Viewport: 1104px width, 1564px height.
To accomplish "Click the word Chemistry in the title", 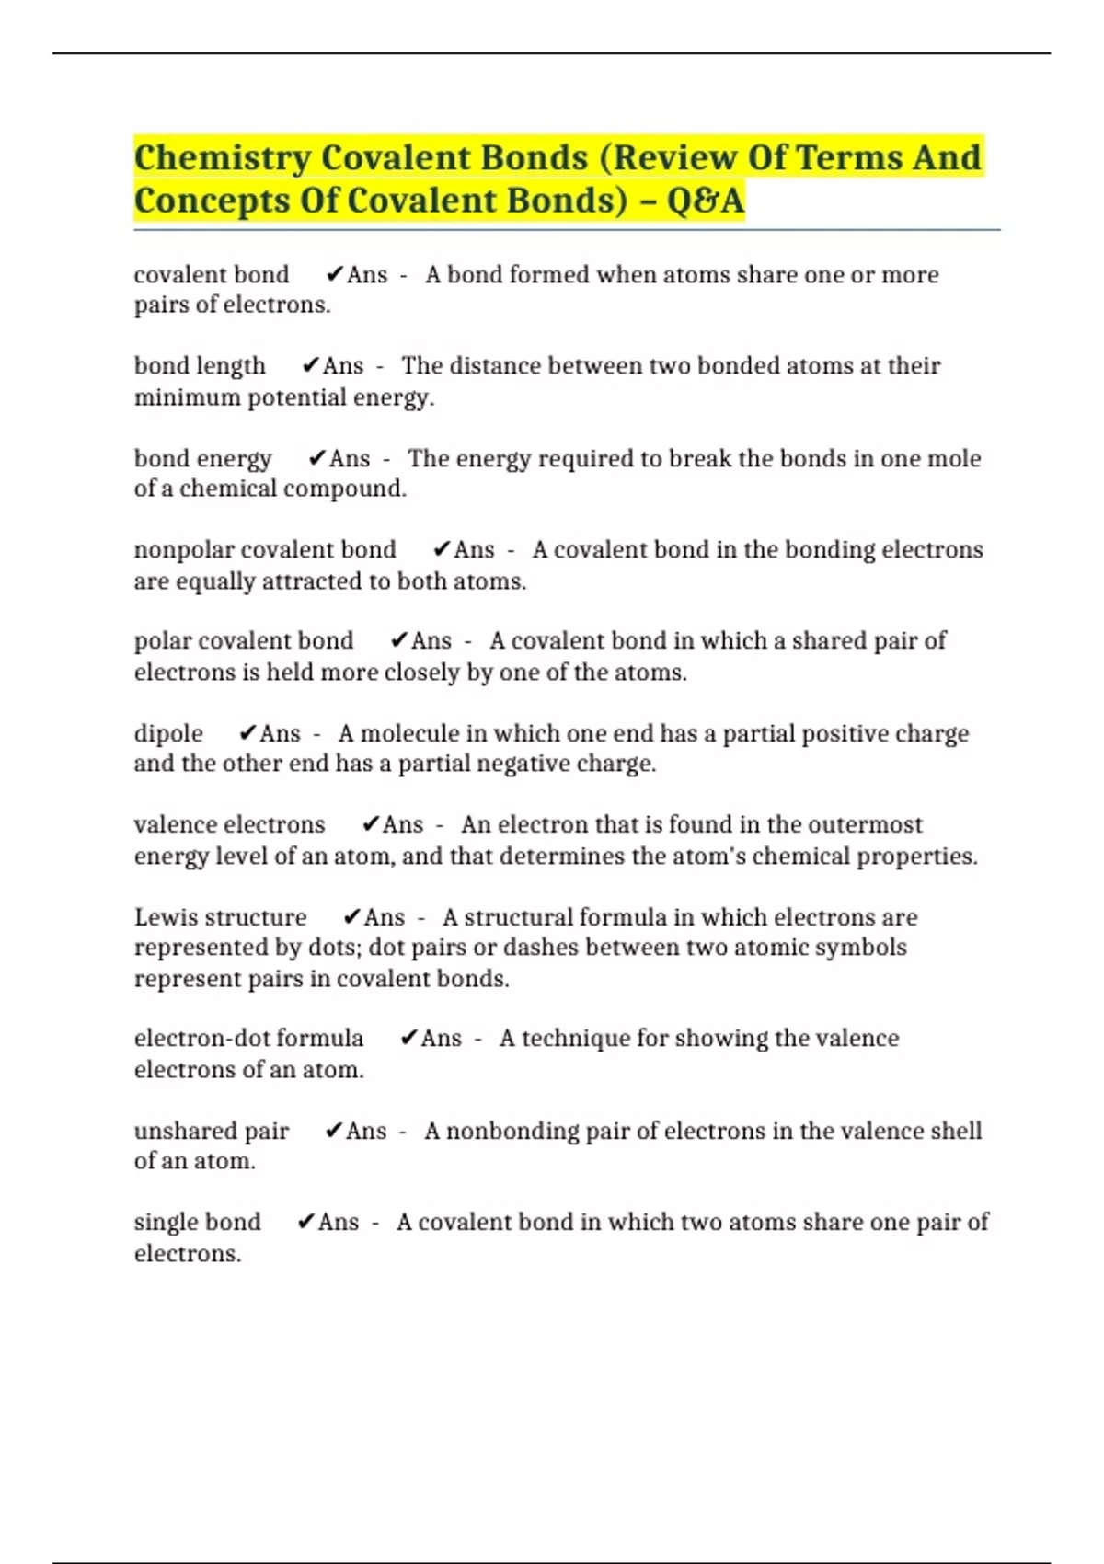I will (223, 158).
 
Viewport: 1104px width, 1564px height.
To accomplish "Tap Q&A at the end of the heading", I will (705, 201).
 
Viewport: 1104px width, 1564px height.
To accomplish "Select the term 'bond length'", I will (200, 366).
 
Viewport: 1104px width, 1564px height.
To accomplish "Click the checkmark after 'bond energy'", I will (316, 458).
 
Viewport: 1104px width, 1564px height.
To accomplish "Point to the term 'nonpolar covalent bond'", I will (265, 550).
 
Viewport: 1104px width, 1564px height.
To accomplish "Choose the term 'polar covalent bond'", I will (244, 641).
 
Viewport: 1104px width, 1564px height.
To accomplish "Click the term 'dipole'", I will (168, 733).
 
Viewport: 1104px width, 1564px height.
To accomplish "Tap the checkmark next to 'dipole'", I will (247, 733).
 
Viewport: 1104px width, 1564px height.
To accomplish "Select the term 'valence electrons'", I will (229, 824).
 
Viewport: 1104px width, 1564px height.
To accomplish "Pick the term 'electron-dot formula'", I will (248, 1039).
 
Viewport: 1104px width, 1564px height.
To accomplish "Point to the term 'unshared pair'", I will (212, 1131).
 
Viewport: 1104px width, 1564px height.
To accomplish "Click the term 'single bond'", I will (197, 1223).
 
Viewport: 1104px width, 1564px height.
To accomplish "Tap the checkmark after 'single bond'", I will (306, 1223).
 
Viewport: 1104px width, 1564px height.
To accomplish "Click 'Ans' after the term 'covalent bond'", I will (367, 275).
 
